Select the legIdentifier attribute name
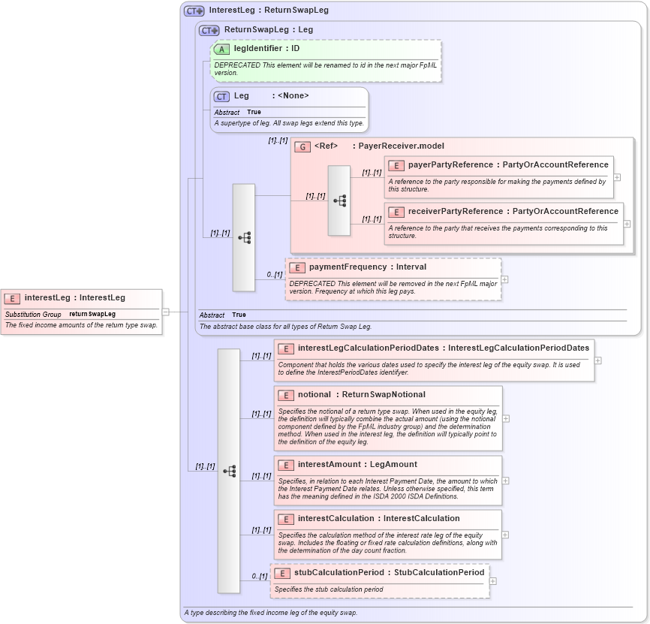click(x=257, y=48)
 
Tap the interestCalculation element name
click(x=336, y=518)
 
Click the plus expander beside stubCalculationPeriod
click(x=492, y=580)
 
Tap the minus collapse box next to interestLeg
click(x=165, y=312)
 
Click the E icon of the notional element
click(x=285, y=395)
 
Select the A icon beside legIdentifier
click(x=221, y=49)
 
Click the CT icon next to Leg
click(x=221, y=96)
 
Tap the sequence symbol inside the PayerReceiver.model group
click(x=339, y=200)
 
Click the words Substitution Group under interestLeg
click(x=33, y=314)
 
